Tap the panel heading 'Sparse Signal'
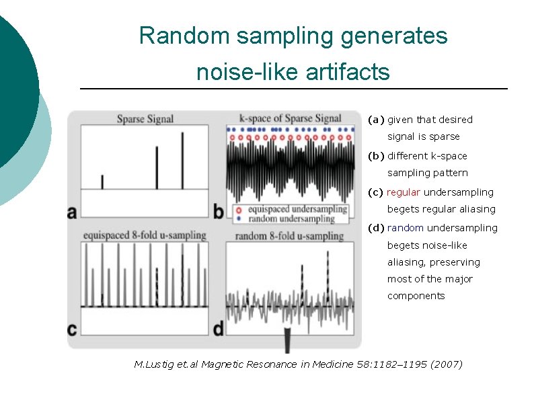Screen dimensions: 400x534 point(145,119)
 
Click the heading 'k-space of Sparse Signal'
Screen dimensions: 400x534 point(291,119)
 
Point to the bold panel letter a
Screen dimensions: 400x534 point(72,212)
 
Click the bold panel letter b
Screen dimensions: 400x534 point(219,212)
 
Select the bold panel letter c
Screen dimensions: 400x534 point(72,329)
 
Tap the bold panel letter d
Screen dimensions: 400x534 point(219,329)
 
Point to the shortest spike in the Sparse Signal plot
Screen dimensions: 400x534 point(102,182)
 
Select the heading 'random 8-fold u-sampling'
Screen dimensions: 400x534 point(290,236)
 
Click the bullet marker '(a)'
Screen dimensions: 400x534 point(376,120)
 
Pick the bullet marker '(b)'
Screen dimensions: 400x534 point(376,156)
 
